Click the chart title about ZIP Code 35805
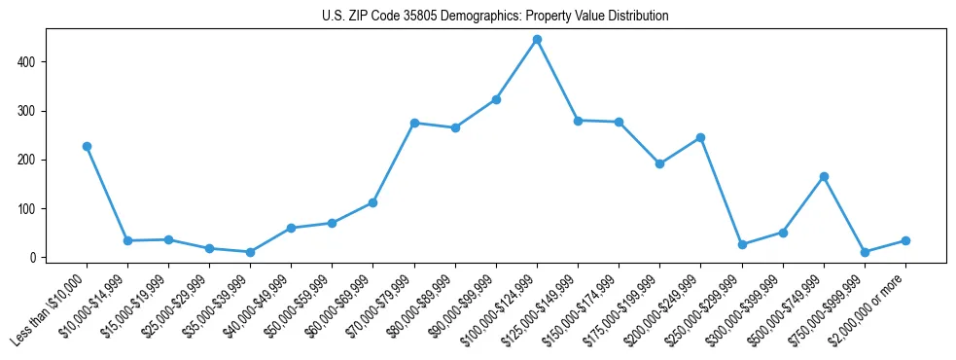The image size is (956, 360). coord(495,17)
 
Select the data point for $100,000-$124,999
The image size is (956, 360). coord(537,40)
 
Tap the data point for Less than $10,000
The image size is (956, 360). coord(87,146)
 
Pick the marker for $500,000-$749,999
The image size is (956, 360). coord(824,176)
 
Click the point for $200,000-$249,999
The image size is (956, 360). coord(700,137)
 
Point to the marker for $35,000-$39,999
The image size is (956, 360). coord(250,252)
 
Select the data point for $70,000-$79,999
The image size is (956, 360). coord(414,123)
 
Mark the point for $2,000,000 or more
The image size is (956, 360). coord(905,240)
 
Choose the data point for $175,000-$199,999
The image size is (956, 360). coord(659,163)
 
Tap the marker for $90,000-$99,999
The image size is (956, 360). coord(496,99)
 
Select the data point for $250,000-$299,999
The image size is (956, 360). coord(742,244)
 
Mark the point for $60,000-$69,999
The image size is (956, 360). coord(372,202)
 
